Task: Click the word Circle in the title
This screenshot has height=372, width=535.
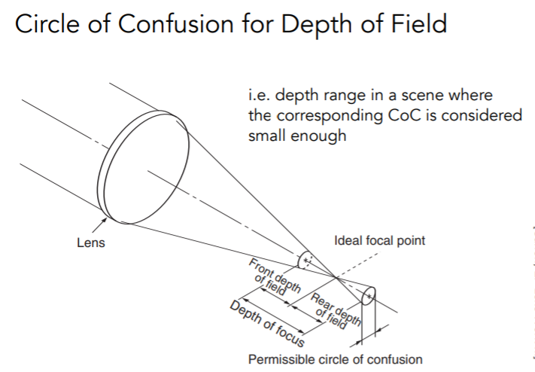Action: coord(47,23)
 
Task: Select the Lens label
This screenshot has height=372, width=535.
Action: coord(91,242)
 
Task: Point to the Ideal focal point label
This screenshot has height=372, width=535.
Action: coord(379,240)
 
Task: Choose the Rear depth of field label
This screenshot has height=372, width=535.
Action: coord(334,312)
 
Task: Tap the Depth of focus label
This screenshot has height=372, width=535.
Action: coord(267,323)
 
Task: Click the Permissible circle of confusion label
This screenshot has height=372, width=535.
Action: coord(336,359)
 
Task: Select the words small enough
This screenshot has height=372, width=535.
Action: coord(297,136)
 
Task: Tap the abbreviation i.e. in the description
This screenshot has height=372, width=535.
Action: coord(260,95)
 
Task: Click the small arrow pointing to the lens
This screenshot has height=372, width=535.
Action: coord(99,226)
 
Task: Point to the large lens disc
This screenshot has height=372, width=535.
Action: coord(143,167)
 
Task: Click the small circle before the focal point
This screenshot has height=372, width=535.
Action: coord(305,261)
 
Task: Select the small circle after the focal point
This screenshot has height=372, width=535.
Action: coord(368,296)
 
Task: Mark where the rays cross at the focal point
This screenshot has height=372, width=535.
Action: coord(336,278)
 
